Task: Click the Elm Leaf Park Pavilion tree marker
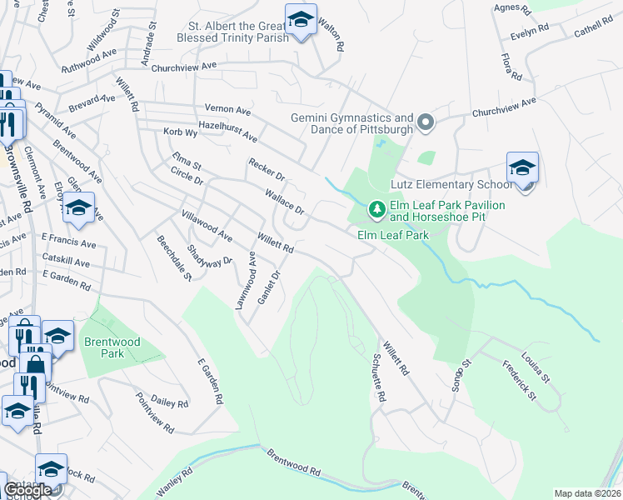click(377, 208)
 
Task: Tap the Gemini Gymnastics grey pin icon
click(426, 124)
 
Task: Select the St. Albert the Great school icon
click(300, 19)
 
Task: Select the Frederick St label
click(519, 379)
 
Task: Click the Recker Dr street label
click(267, 170)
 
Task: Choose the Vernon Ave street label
click(227, 109)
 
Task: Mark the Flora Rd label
click(511, 67)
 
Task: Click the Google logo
click(27, 489)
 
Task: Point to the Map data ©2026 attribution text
click(587, 493)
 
